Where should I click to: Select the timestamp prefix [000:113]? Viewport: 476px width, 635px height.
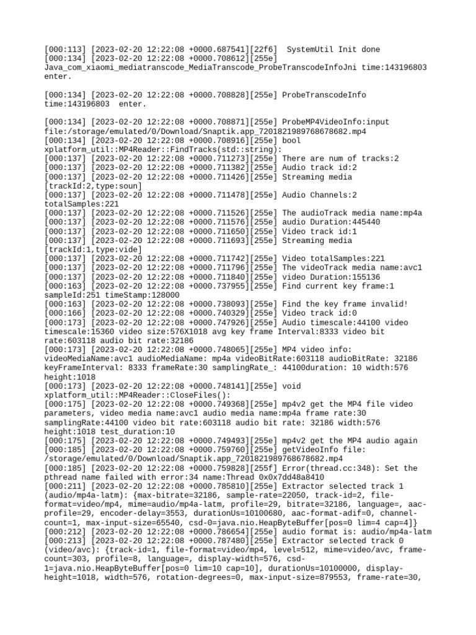coord(65,50)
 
